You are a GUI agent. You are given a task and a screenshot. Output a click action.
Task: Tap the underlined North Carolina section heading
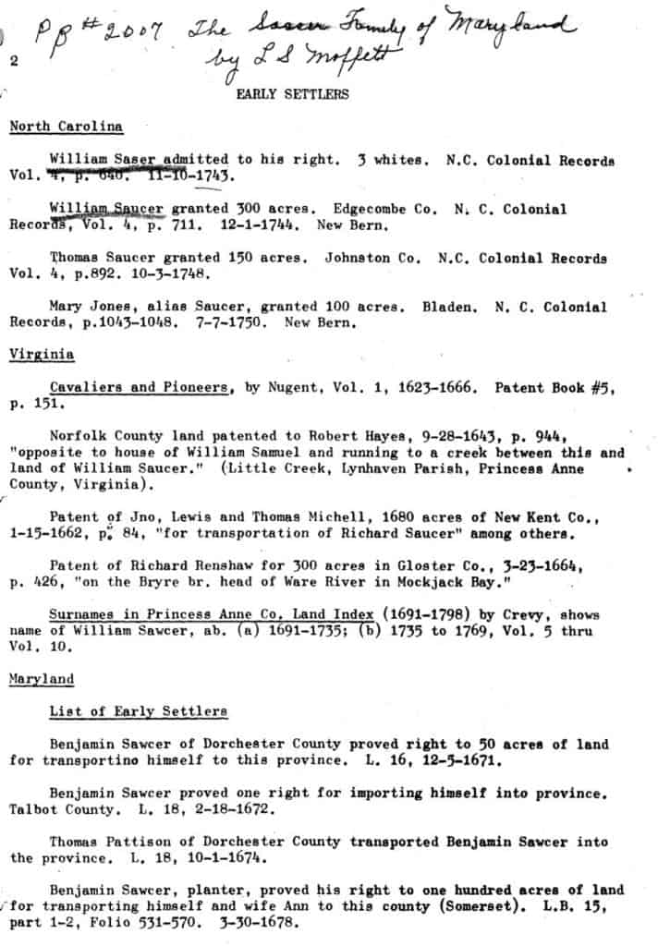click(x=66, y=126)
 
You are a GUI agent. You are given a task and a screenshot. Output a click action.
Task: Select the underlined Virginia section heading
click(x=41, y=354)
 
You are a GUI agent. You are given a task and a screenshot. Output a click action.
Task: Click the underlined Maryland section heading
click(x=41, y=678)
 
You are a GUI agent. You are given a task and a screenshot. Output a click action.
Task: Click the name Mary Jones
click(x=89, y=307)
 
